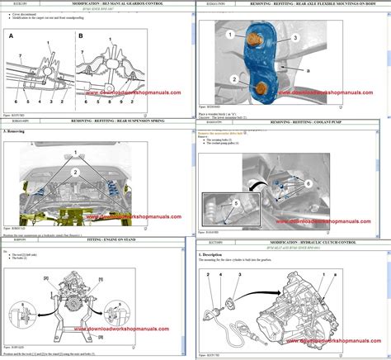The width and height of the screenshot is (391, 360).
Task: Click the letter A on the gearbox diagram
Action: [11, 36]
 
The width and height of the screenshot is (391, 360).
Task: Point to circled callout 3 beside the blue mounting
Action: [294, 37]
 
